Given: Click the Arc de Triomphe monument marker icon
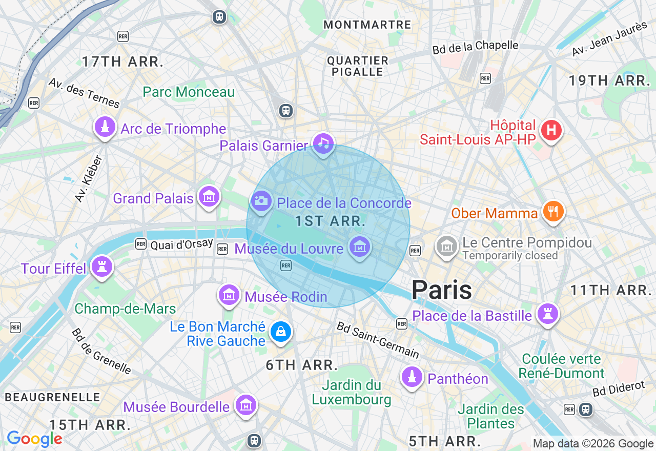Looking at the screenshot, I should click(105, 128).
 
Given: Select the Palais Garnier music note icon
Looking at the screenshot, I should click(323, 143).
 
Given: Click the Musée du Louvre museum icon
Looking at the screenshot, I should click(359, 247).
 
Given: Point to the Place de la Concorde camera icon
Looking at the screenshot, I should click(261, 201).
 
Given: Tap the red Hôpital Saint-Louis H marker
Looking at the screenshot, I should click(551, 130).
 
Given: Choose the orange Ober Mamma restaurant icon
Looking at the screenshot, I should click(552, 211).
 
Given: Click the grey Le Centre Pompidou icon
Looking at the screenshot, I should click(447, 247).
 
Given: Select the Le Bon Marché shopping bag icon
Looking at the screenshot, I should click(280, 332).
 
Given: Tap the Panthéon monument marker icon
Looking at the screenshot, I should click(412, 378).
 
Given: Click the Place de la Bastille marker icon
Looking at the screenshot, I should click(547, 314).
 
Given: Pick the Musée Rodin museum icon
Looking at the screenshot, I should click(229, 295).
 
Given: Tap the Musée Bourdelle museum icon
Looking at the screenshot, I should click(246, 405).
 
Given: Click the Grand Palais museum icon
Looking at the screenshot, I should click(209, 197).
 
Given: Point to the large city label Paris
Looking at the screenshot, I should click(442, 290).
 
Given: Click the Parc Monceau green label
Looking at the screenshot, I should click(189, 92).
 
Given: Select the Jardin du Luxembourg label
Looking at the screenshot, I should click(352, 392).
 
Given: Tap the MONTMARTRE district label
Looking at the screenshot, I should click(367, 25).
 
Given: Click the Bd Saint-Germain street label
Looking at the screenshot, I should click(377, 340).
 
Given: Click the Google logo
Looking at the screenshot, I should click(34, 439).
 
